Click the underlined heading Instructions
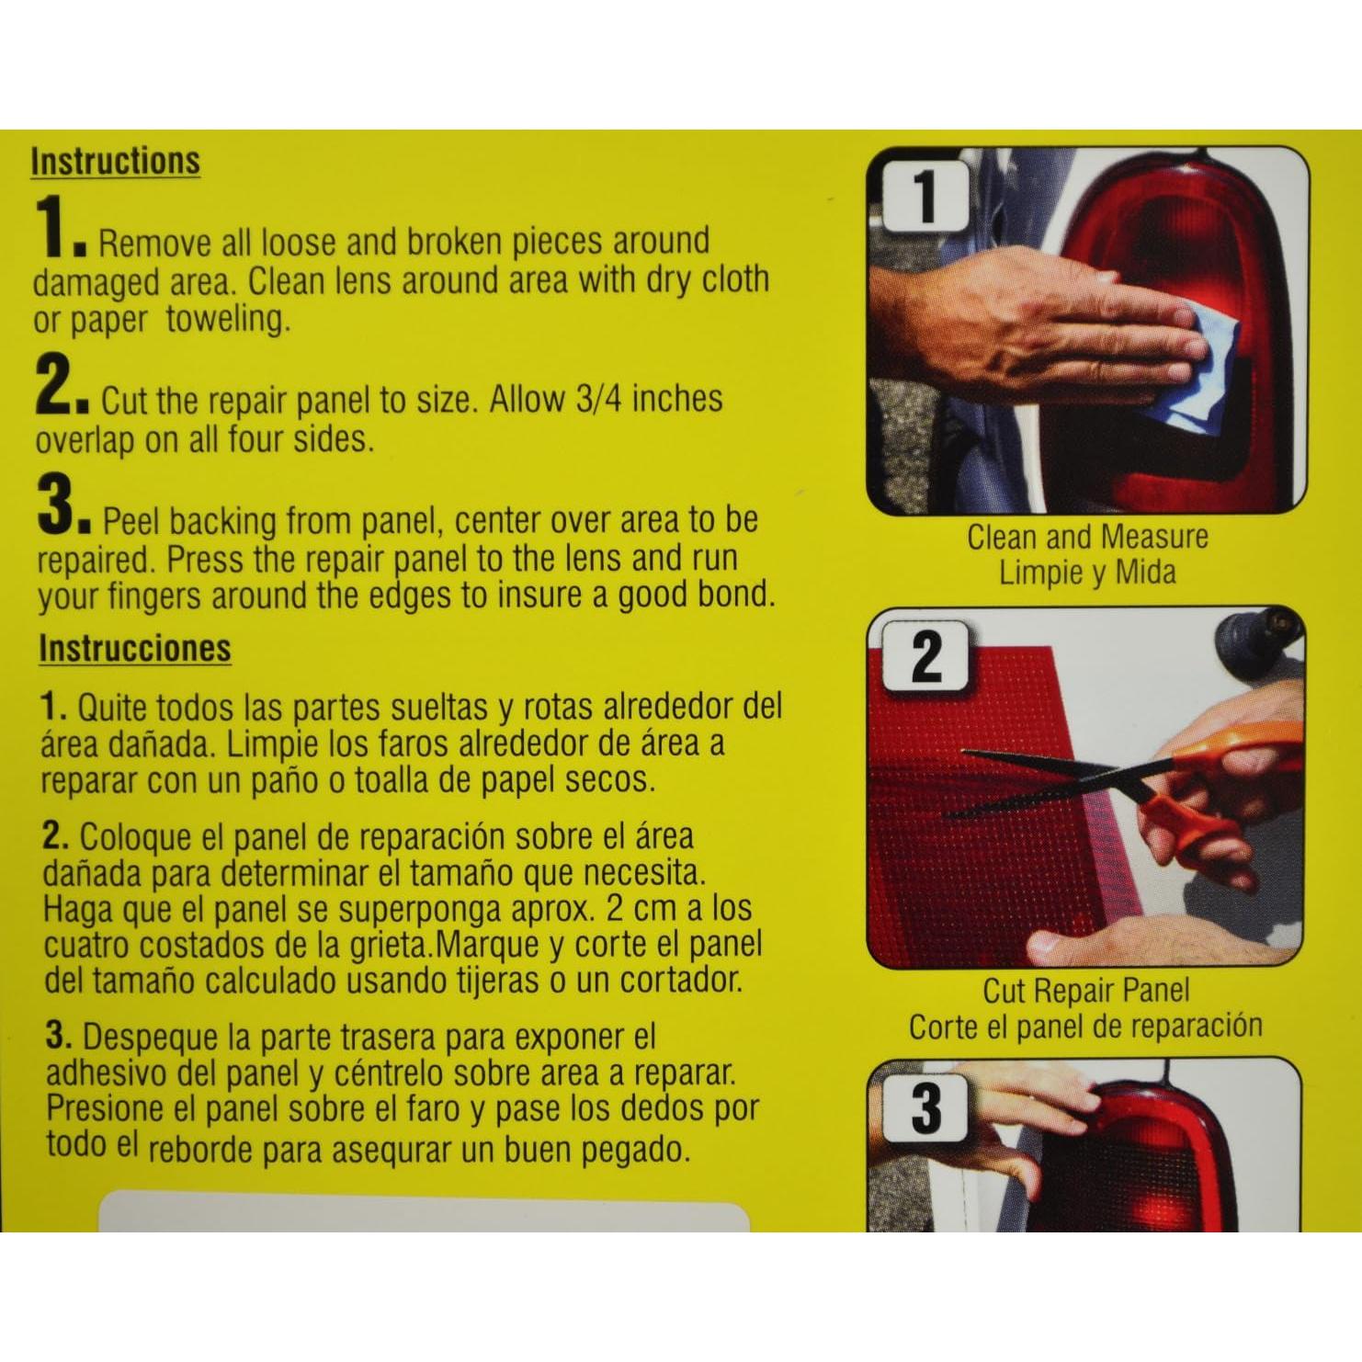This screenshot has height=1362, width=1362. click(115, 161)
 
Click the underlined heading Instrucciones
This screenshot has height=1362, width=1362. click(134, 648)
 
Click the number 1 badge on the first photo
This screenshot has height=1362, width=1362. click(925, 196)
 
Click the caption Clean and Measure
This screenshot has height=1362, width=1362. click(1086, 537)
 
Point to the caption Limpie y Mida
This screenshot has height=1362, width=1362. click(1086, 572)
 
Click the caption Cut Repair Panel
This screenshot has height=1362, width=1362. click(1085, 990)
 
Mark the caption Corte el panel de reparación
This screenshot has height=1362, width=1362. click(1085, 1026)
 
